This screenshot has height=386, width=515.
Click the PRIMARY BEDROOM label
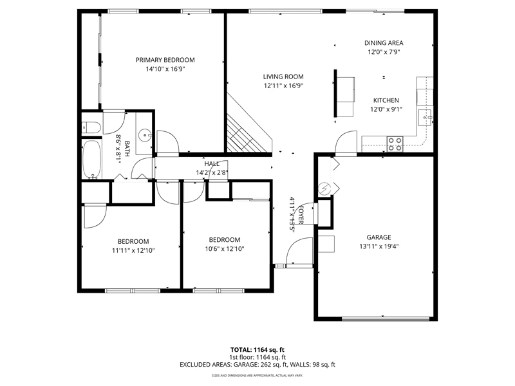tap(165, 60)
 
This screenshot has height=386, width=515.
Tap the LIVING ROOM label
tap(283, 77)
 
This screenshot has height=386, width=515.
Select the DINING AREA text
tap(384, 43)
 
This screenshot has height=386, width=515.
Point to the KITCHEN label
tap(386, 100)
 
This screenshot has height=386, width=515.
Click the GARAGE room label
tap(379, 237)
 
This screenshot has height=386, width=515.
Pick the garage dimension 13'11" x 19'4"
tap(379, 246)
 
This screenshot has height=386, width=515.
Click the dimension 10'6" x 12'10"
tap(225, 249)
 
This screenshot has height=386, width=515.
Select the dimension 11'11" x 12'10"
tap(133, 250)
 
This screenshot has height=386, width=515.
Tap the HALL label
tap(212, 163)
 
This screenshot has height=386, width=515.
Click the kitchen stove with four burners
tap(395, 144)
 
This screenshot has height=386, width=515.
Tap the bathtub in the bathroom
tap(91, 160)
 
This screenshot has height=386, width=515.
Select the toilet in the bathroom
tap(91, 127)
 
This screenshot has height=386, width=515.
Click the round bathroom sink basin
tap(144, 135)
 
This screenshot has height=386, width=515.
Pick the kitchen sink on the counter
tap(426, 118)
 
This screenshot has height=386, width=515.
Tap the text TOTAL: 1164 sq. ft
tap(257, 350)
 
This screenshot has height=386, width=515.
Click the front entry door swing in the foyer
tap(299, 251)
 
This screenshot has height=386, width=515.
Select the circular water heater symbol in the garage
tap(325, 188)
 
